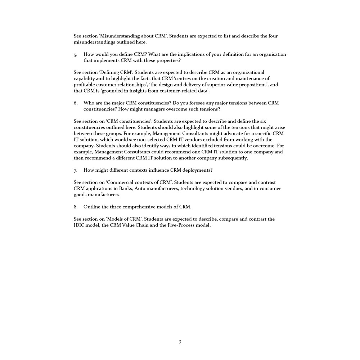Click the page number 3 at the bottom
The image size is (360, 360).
click(180, 342)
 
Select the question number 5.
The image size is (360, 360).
click(75, 55)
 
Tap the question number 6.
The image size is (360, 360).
click(75, 103)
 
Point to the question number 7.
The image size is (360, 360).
click(75, 170)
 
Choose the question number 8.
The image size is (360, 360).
click(75, 207)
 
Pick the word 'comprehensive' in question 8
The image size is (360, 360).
click(138, 207)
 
